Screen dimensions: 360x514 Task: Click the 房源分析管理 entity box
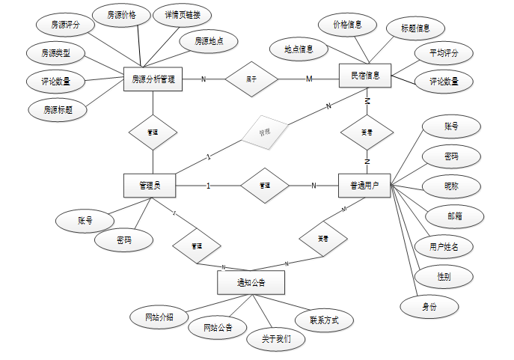153,79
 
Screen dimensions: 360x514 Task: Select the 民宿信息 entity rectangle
365,76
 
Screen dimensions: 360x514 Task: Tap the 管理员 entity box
153,186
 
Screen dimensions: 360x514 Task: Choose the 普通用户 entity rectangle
365,186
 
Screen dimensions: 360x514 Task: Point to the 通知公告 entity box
251,283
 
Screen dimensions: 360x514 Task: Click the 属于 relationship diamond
251,78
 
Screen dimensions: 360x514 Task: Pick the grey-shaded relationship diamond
264,132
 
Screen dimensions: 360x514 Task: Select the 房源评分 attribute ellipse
65,25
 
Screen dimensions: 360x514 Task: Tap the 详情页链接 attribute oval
182,14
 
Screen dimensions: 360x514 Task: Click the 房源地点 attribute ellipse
209,40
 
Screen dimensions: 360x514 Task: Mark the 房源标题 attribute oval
57,110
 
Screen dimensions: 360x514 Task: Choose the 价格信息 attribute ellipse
348,25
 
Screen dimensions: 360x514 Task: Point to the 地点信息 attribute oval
299,50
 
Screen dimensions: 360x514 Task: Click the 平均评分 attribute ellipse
444,53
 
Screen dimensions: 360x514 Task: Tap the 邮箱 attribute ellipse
455,216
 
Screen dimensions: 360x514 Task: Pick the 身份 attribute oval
429,307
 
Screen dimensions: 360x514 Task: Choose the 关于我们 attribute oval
277,338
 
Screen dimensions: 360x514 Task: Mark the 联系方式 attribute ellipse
324,320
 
